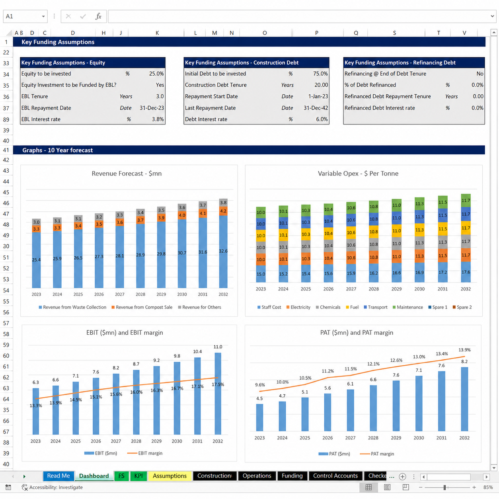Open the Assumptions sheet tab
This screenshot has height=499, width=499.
tap(170, 476)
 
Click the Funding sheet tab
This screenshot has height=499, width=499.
tap(292, 476)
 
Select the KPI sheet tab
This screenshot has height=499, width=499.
tap(138, 476)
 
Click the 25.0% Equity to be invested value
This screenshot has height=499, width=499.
tap(156, 74)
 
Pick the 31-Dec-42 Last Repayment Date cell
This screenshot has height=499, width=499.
tap(316, 108)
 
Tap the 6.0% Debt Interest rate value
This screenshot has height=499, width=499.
tap(322, 119)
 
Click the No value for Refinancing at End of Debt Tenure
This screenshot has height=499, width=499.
tap(480, 74)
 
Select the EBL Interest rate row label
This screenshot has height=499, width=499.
tap(41, 119)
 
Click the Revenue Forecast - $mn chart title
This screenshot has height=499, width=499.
tap(127, 173)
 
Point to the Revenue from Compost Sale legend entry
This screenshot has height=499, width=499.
tap(142, 307)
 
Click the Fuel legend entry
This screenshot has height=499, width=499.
tap(352, 307)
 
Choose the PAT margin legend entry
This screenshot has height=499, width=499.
tap(377, 454)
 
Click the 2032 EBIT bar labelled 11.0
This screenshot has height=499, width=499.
tap(218, 393)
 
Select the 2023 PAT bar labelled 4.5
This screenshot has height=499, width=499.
tap(259, 417)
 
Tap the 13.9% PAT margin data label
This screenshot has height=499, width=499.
tap(464, 350)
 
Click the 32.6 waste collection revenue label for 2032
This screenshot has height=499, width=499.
tap(223, 251)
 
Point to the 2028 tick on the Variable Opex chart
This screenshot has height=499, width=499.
tap(374, 289)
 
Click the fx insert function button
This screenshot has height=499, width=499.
tap(98, 16)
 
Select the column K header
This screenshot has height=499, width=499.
tap(157, 33)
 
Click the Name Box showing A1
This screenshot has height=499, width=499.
tap(25, 16)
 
